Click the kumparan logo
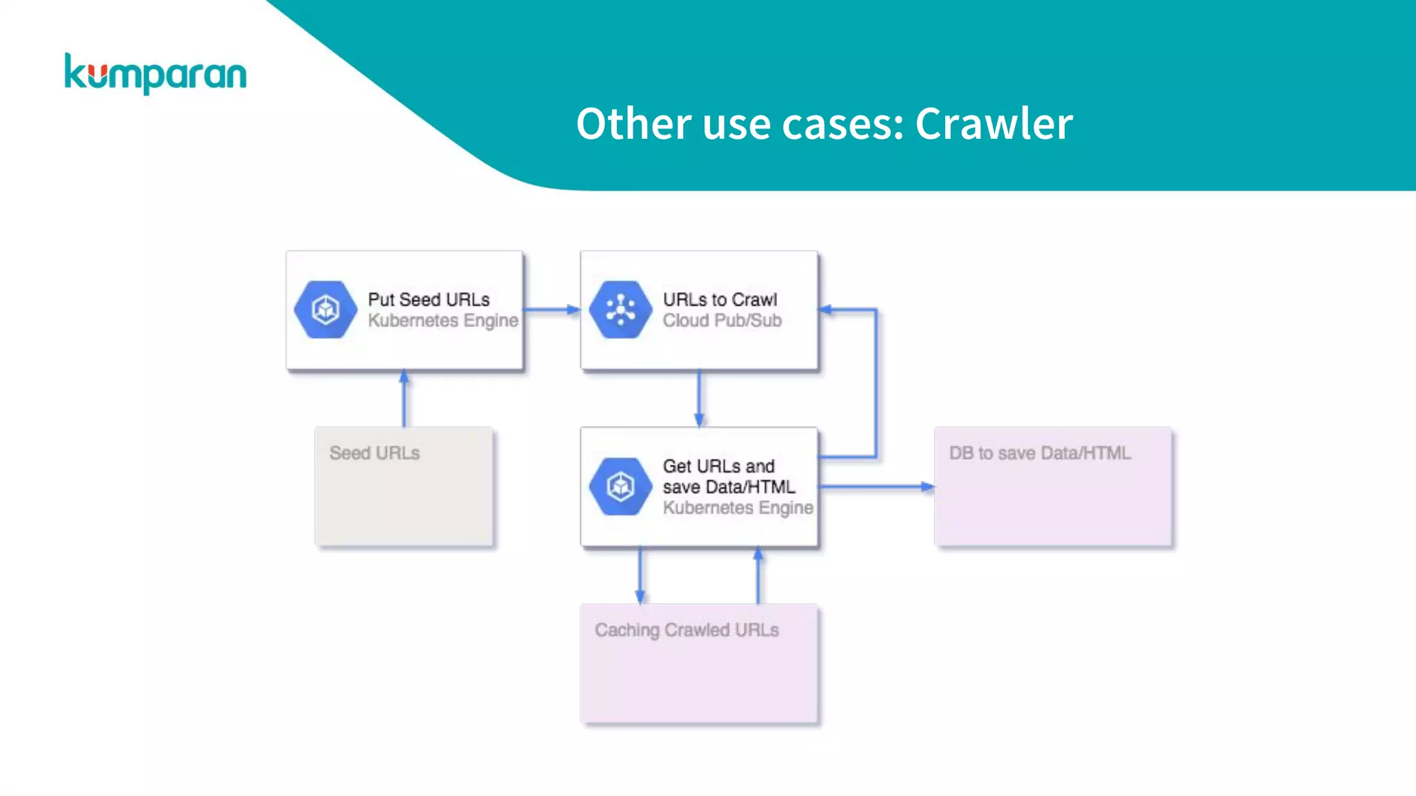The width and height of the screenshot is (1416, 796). click(x=155, y=73)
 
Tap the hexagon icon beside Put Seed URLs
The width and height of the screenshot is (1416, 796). click(x=325, y=310)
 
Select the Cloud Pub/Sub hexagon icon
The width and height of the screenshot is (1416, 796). click(x=620, y=310)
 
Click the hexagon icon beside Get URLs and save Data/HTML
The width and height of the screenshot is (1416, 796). click(x=620, y=486)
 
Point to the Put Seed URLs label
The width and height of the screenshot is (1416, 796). click(x=428, y=299)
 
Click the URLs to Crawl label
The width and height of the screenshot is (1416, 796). click(x=719, y=299)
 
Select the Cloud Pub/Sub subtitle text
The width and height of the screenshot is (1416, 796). click(x=722, y=321)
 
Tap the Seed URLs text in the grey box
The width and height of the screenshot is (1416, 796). click(x=374, y=453)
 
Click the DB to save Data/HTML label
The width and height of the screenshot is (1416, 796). click(x=1039, y=453)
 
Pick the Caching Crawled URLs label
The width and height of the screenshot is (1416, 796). click(x=687, y=629)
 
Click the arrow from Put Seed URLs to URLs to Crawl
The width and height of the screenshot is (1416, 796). click(x=551, y=310)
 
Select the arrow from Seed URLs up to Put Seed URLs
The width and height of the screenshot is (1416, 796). click(x=404, y=399)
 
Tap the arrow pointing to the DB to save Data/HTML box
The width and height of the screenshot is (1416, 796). click(x=876, y=486)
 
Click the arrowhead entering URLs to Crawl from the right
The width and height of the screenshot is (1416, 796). click(x=826, y=310)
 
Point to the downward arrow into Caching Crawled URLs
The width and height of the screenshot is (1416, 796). click(x=640, y=576)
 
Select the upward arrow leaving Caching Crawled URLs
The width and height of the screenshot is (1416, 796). click(x=758, y=576)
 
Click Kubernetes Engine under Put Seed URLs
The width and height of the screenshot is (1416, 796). click(x=442, y=321)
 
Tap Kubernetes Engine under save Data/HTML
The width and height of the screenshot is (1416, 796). click(x=738, y=508)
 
